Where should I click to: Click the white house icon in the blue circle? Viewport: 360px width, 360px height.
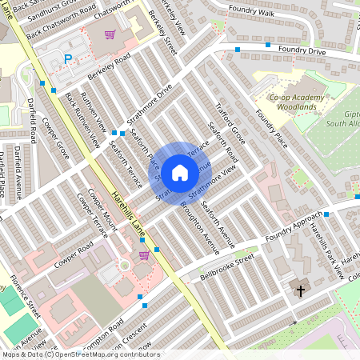click(x=180, y=172)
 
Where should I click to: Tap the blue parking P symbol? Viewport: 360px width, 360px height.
click(x=68, y=58)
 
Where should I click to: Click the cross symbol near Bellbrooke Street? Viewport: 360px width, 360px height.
click(x=301, y=291)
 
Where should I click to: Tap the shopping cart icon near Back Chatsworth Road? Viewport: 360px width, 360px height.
click(x=110, y=34)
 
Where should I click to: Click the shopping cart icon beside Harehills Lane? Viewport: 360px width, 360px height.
click(x=144, y=255)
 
